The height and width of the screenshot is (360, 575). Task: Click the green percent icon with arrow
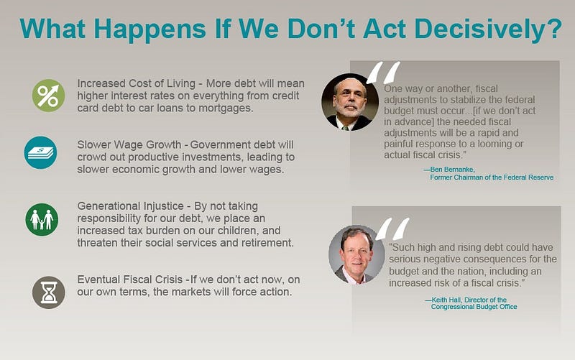[x=48, y=96]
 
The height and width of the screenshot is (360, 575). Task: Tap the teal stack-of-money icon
[x=41, y=152]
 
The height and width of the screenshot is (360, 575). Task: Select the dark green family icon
[x=42, y=220]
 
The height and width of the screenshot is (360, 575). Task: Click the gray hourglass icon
[x=49, y=292]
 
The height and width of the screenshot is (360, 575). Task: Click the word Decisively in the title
[x=480, y=29]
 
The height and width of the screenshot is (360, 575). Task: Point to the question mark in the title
[x=553, y=28]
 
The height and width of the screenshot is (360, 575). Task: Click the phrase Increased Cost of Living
[x=136, y=83]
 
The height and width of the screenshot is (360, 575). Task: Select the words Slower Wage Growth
[x=129, y=145]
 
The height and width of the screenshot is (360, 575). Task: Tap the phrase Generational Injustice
[x=130, y=206]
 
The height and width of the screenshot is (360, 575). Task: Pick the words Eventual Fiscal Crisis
[x=130, y=280]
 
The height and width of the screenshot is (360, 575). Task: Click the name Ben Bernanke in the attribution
[x=452, y=170]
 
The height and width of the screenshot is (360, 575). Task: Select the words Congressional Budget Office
[x=474, y=307]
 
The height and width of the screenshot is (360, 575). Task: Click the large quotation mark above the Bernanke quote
[x=383, y=73]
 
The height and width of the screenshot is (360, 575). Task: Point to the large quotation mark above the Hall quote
[x=392, y=229]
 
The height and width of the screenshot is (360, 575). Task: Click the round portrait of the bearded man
[x=350, y=102]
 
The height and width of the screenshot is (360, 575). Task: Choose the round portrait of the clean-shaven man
[x=356, y=255]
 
